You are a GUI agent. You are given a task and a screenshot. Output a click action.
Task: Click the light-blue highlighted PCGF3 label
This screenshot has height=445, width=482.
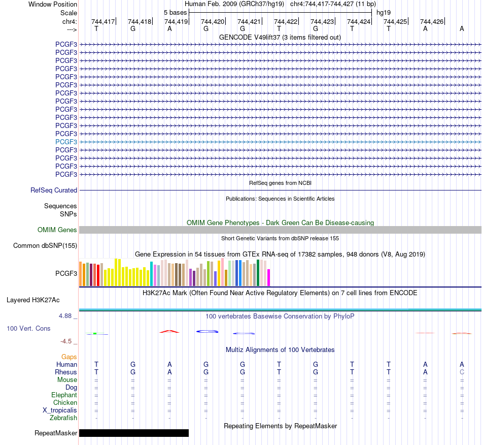click(x=66, y=142)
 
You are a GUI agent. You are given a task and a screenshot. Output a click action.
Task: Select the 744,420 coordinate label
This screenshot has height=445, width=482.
click(x=213, y=21)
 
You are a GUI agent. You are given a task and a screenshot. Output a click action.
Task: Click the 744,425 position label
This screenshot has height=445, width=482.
click(x=395, y=21)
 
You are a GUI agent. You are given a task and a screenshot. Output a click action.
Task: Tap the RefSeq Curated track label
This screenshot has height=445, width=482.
click(x=54, y=190)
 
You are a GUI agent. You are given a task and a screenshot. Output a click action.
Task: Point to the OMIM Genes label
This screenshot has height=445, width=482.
click(x=57, y=230)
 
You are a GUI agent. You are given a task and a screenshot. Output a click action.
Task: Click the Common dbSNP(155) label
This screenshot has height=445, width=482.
click(x=45, y=245)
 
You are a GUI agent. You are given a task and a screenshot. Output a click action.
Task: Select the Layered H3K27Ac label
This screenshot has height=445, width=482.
click(x=33, y=300)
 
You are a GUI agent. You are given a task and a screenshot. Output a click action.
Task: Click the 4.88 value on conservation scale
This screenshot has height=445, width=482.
click(x=65, y=316)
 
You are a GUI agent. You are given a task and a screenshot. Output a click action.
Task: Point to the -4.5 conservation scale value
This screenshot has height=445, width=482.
click(x=66, y=341)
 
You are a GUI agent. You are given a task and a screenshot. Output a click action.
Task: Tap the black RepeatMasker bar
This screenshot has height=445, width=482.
click(x=134, y=433)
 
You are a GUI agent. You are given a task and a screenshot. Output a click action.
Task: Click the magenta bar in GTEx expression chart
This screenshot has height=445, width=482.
click(x=268, y=277)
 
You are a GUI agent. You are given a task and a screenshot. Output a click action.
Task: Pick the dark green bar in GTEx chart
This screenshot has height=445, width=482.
click(x=258, y=273)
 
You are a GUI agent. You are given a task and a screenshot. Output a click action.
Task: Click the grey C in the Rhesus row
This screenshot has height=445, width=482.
click(x=462, y=372)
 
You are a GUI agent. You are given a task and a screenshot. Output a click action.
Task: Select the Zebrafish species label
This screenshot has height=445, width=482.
click(x=63, y=418)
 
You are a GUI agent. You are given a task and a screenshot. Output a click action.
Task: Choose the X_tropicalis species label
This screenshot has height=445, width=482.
click(x=60, y=410)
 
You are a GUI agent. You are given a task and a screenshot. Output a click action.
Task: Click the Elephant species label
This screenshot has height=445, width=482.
click(x=64, y=395)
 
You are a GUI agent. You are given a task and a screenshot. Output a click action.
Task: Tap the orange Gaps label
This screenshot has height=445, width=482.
click(x=69, y=357)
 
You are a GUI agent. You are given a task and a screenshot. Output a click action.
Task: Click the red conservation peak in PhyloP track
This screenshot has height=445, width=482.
click(x=169, y=331)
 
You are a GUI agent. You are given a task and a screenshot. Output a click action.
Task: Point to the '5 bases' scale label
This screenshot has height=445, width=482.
click(x=175, y=13)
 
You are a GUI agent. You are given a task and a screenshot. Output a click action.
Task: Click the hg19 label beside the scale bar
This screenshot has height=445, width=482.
click(x=384, y=13)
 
